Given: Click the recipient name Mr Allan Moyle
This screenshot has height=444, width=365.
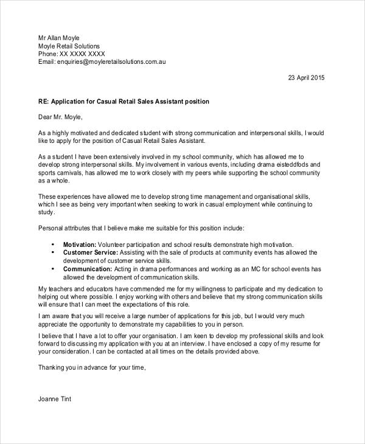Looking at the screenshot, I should pyautogui.click(x=59, y=38).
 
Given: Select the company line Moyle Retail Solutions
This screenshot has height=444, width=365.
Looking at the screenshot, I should pyautogui.click(x=69, y=46).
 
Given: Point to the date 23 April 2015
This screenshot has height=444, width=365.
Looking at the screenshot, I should pyautogui.click(x=307, y=78).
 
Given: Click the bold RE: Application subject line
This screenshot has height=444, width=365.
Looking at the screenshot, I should pyautogui.click(x=123, y=102).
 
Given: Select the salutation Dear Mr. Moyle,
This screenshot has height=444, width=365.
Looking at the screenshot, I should pyautogui.click(x=60, y=117).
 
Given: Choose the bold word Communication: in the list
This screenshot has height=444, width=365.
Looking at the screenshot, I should pyautogui.click(x=87, y=268).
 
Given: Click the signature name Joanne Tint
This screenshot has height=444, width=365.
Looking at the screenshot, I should pyautogui.click(x=55, y=399).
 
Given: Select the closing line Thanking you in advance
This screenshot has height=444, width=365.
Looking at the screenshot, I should pyautogui.click(x=92, y=367).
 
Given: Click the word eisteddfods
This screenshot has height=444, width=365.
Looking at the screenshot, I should pyautogui.click(x=293, y=165).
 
